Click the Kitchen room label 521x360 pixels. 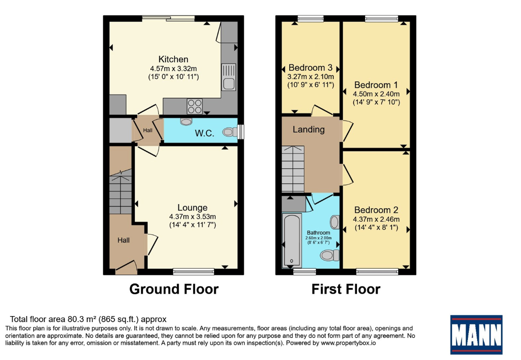click(173, 59)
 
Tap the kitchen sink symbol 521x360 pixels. click(229, 77)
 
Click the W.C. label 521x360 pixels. click(204, 133)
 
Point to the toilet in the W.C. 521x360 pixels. click(230, 132)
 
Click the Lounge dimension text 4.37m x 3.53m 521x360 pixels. click(192, 217)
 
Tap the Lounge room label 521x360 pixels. click(192, 208)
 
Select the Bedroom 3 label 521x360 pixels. click(310, 68)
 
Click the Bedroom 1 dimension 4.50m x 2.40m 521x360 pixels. click(376, 94)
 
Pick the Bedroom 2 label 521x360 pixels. click(376, 210)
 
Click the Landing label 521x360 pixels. click(308, 129)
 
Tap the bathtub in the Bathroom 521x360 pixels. click(292, 241)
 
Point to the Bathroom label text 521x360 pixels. click(319, 232)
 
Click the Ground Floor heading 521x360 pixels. click(174, 289)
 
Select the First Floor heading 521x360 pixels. click(346, 289)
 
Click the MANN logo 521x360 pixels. click(476, 335)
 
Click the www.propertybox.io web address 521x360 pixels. click(348, 343)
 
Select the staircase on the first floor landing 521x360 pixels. click(293, 169)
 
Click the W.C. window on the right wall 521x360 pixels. click(241, 132)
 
